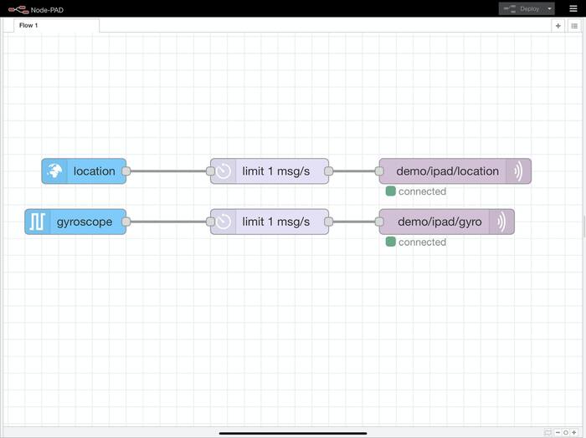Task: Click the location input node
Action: pyautogui.click(x=93, y=171)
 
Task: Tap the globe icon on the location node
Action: pyautogui.click(x=54, y=171)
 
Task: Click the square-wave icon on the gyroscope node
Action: pyautogui.click(x=38, y=222)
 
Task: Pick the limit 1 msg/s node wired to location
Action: pyautogui.click(x=275, y=171)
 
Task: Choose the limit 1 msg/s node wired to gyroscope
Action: pyautogui.click(x=275, y=222)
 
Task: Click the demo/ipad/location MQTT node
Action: pyautogui.click(x=447, y=171)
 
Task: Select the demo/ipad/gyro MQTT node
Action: pyautogui.click(x=439, y=222)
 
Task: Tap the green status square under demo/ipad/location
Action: pyautogui.click(x=391, y=191)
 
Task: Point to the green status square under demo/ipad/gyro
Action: pyautogui.click(x=391, y=242)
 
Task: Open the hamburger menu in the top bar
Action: pyautogui.click(x=573, y=8)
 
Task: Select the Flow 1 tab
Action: pyautogui.click(x=29, y=25)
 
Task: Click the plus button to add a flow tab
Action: pyautogui.click(x=558, y=26)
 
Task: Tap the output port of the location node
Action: pyautogui.click(x=126, y=171)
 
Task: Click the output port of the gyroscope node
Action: pyautogui.click(x=126, y=222)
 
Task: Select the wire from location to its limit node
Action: pyautogui.click(x=168, y=171)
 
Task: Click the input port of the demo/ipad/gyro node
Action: pyautogui.click(x=379, y=222)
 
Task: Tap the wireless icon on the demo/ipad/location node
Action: pyautogui.click(x=518, y=171)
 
